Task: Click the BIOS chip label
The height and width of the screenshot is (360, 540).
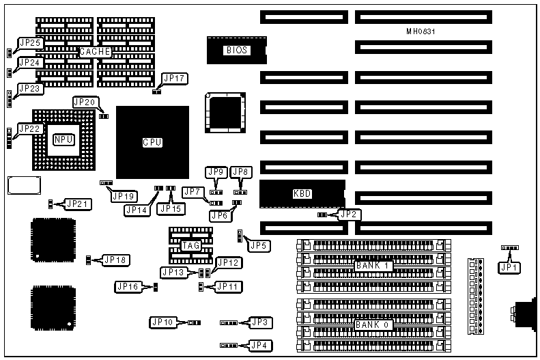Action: point(236,50)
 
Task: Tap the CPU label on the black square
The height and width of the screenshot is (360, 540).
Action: point(152,142)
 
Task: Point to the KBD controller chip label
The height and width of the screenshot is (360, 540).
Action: point(302,193)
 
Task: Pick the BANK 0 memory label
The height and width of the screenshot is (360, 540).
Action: point(372,324)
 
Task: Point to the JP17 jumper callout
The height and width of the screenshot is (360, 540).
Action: point(175,79)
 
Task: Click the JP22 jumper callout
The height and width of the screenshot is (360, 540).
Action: point(31,128)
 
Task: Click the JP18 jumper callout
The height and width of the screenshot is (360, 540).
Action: point(113,260)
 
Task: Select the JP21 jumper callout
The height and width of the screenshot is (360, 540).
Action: point(76,204)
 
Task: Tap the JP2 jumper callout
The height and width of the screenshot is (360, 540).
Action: point(349,214)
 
